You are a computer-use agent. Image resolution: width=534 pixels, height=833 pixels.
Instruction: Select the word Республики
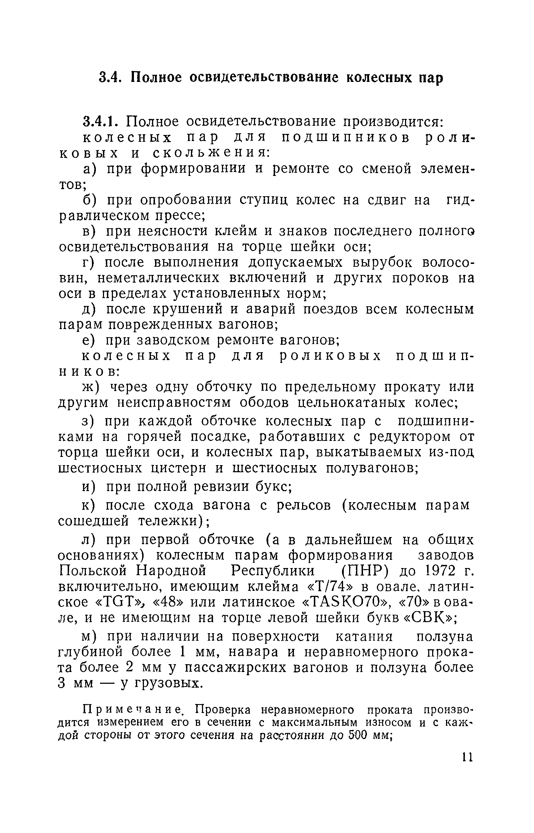(x=273, y=571)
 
